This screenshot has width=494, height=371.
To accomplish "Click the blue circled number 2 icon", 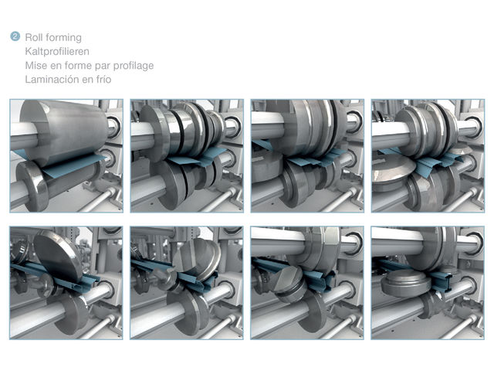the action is (15, 36).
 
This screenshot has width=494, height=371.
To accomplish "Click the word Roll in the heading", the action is (33, 37).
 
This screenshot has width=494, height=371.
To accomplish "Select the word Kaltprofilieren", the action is (57, 52).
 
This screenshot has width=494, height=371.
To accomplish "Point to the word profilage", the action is (134, 66).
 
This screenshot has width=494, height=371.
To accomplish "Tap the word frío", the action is (103, 79).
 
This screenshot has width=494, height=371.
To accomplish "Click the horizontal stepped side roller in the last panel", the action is (404, 282).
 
